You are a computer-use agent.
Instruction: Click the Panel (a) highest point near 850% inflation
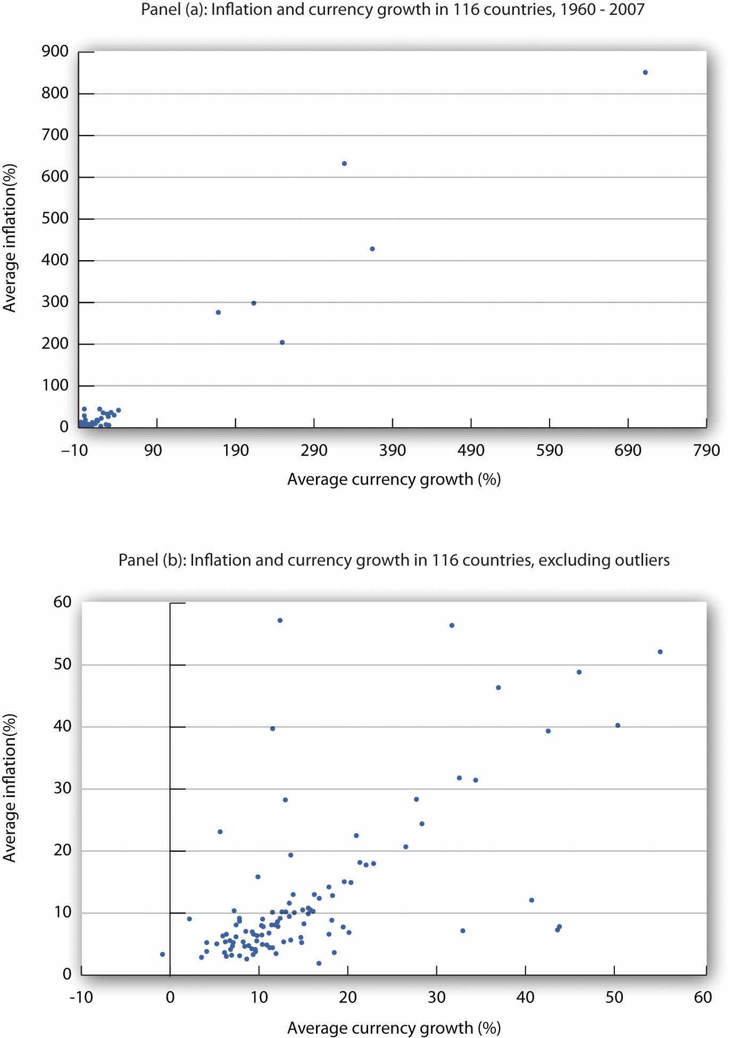(x=645, y=72)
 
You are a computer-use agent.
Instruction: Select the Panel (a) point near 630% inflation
(x=344, y=163)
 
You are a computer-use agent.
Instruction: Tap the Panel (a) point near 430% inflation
(x=372, y=249)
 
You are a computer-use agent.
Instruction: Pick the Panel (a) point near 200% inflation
(x=282, y=343)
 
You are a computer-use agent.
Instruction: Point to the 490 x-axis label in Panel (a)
(x=471, y=451)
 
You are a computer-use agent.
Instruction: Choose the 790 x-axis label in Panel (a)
(x=706, y=451)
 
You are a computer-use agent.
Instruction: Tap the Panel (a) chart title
(x=393, y=10)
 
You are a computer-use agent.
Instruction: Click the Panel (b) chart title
(x=394, y=560)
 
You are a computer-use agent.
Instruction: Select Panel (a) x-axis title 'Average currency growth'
(x=394, y=479)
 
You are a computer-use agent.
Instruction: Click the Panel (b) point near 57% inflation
(x=280, y=620)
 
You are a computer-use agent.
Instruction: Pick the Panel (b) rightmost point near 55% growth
(x=660, y=652)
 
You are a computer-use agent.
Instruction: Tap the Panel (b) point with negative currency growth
(x=162, y=954)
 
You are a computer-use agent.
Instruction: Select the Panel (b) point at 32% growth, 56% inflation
(x=452, y=625)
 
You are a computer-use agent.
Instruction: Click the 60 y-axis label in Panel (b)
(x=62, y=602)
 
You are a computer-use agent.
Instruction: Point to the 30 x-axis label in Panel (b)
(x=436, y=997)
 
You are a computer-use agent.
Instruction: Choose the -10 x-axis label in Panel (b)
(x=81, y=997)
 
